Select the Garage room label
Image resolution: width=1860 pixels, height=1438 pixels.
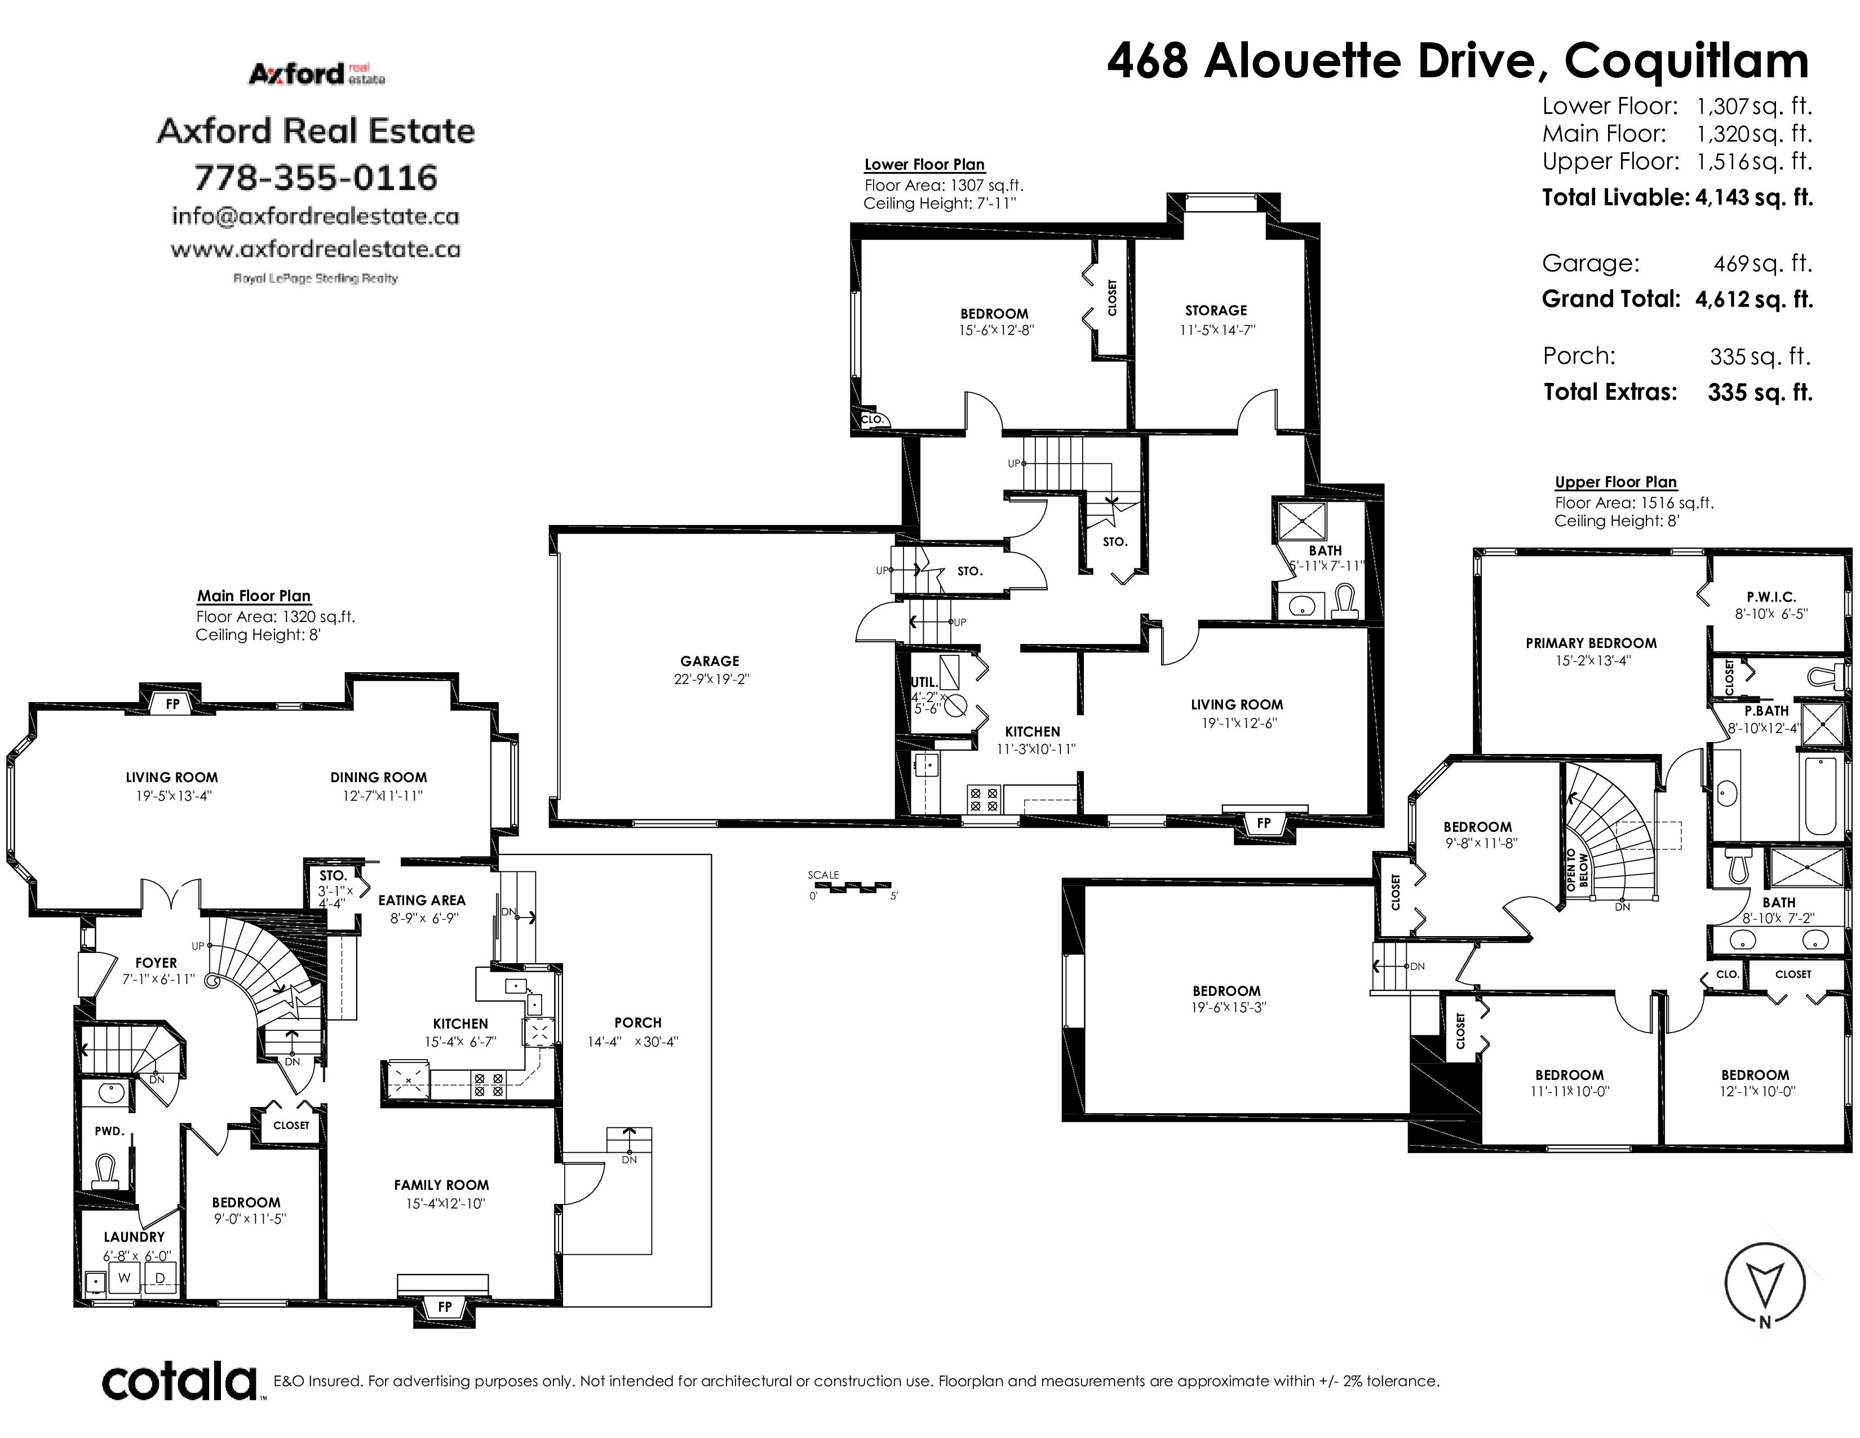[710, 661]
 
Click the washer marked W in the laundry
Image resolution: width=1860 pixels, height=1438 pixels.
[125, 1278]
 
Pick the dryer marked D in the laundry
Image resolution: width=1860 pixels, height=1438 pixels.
[160, 1278]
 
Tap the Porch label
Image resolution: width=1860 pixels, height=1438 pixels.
[638, 1022]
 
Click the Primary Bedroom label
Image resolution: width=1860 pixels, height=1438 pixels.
[1591, 643]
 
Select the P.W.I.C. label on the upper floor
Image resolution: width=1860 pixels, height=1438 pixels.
[1772, 597]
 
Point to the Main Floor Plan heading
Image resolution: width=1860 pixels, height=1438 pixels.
[254, 596]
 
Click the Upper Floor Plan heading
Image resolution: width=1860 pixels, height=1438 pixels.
[1615, 482]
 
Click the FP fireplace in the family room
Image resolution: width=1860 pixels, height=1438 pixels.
[445, 1307]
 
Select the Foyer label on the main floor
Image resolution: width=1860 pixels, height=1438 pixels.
[156, 963]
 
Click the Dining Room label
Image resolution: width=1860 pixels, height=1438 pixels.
[379, 777]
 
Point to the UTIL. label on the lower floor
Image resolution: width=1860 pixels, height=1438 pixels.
[925, 682]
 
